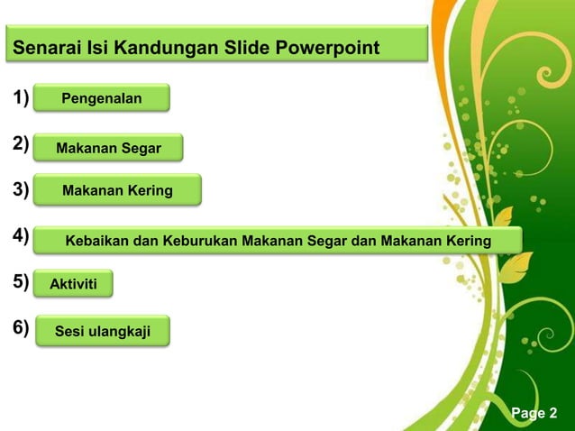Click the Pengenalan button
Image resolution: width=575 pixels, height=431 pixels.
[x=101, y=98]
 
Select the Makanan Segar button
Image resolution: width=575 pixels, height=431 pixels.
[x=108, y=148]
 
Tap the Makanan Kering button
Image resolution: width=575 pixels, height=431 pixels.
[x=117, y=190]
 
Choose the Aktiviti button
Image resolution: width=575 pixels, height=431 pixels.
[x=73, y=285]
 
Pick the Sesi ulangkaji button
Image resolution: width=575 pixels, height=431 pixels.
[x=101, y=332]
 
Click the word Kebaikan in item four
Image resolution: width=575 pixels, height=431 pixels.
[x=97, y=241]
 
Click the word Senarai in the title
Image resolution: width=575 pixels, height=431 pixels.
[x=46, y=47]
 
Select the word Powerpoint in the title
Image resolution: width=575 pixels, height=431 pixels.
[x=329, y=47]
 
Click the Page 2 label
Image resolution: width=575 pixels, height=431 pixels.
[x=534, y=413]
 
